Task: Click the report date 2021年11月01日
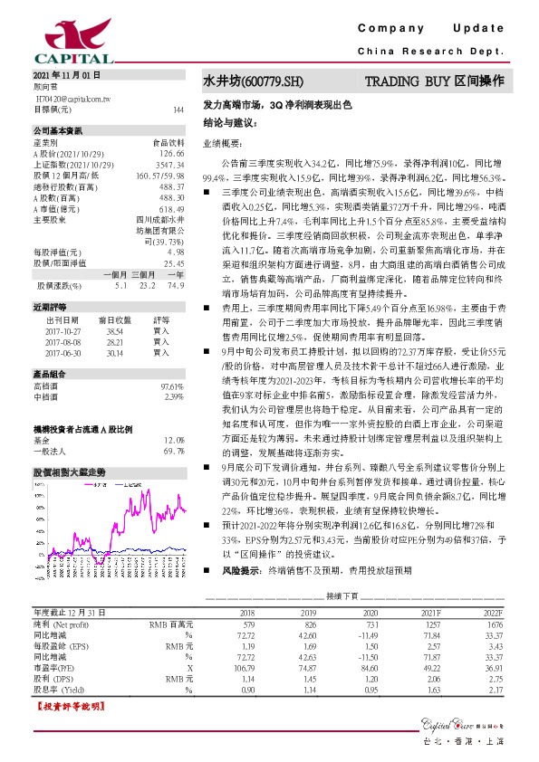(67, 75)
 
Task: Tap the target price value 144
(178, 110)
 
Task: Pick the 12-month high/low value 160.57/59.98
(160, 175)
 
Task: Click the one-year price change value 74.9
(177, 284)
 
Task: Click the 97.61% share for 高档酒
(171, 386)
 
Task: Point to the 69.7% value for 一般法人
(173, 449)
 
